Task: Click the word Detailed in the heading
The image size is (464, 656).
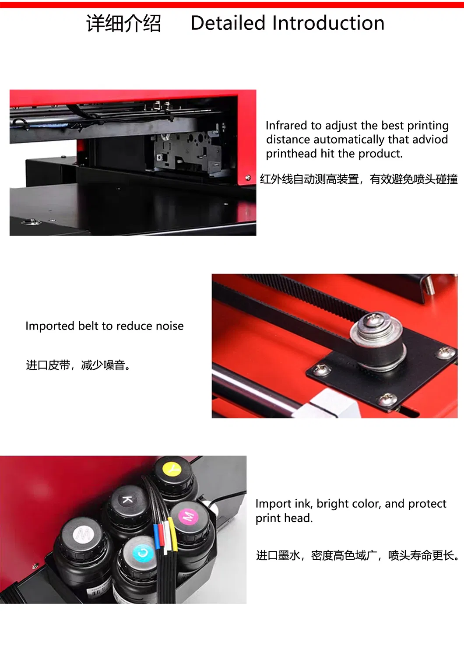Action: (228, 23)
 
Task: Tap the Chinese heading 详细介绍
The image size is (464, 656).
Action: (123, 24)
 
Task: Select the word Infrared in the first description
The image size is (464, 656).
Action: (286, 126)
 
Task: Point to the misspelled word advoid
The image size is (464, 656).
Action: (430, 140)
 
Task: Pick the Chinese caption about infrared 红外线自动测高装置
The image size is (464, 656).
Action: (309, 179)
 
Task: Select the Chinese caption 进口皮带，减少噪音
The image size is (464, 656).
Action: (78, 365)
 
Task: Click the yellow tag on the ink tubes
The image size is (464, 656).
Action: (173, 536)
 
